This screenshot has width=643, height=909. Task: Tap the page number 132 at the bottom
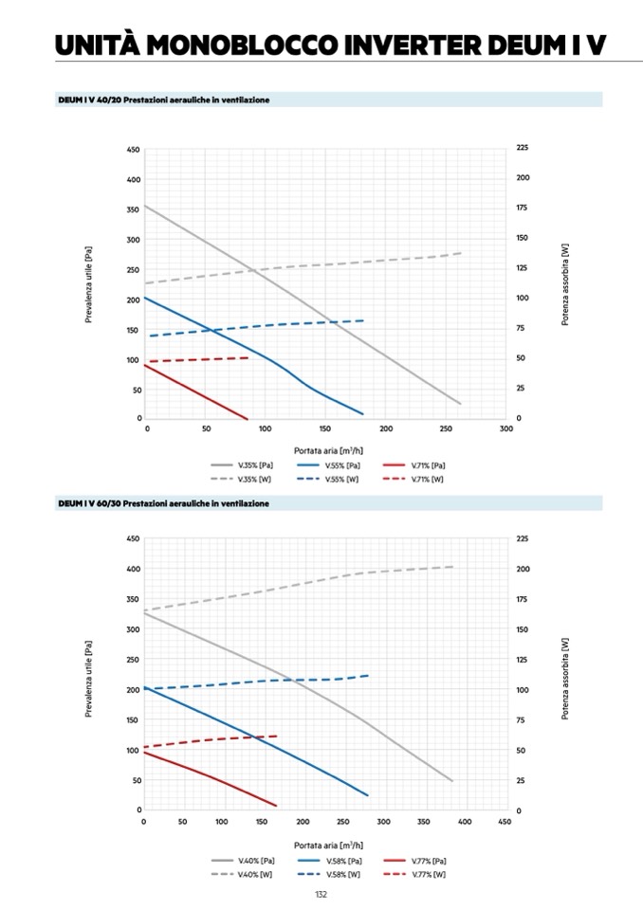pos(321,894)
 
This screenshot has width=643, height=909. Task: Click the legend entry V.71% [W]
pos(429,480)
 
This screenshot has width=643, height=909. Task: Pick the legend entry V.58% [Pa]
pos(342,860)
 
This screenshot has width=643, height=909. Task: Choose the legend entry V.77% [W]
pos(429,874)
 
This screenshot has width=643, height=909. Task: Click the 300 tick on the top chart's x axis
pos(505,429)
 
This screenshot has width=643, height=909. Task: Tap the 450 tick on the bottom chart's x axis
pos(505,822)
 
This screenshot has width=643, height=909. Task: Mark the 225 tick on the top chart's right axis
pos(523,149)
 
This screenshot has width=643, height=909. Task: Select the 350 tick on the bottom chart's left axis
pos(134,599)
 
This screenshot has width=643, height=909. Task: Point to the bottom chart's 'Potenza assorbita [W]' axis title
pos(565,675)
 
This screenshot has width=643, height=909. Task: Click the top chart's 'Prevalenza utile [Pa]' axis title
pos(89,284)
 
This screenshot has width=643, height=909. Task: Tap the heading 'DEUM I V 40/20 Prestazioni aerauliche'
pos(163,100)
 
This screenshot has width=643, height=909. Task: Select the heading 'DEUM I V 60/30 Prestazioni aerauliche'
pos(163,503)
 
